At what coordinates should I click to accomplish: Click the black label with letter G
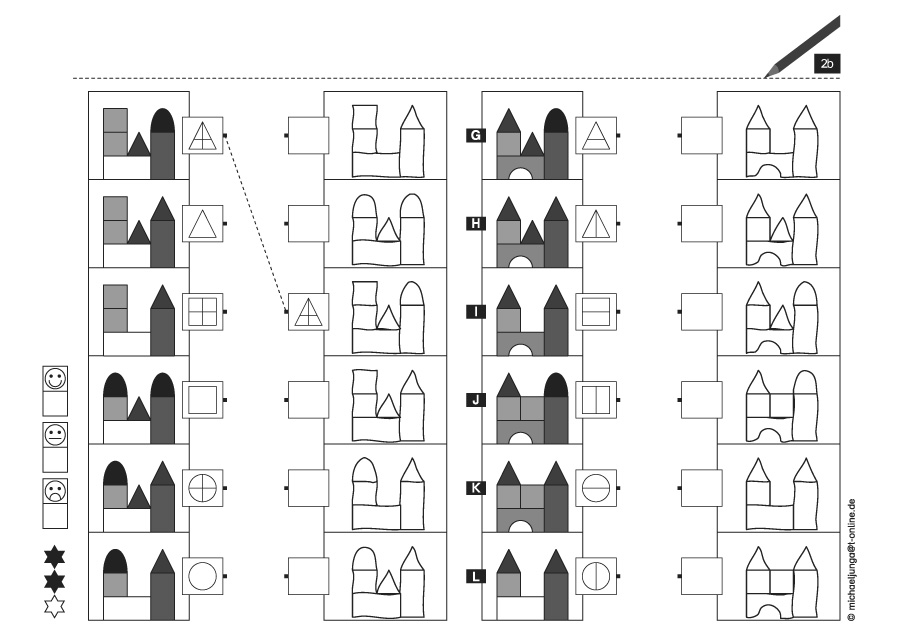pos(476,135)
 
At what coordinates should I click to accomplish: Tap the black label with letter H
pos(476,223)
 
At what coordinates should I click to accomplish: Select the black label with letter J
pos(476,400)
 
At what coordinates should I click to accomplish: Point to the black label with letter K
pos(476,488)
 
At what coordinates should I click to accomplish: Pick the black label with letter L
pos(476,576)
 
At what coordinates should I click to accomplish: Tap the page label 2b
pos(826,64)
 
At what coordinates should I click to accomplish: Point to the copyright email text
pos(851,560)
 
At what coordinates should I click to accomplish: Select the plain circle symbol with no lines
pos(203,576)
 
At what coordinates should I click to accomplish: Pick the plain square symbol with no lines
pos(203,400)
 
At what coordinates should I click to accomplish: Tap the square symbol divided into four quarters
pos(203,312)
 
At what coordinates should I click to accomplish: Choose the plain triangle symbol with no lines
pos(203,223)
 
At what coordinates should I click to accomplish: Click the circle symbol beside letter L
pos(595,576)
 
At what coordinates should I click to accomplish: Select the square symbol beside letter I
pos(595,312)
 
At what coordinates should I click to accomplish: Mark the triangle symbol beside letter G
pos(595,135)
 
